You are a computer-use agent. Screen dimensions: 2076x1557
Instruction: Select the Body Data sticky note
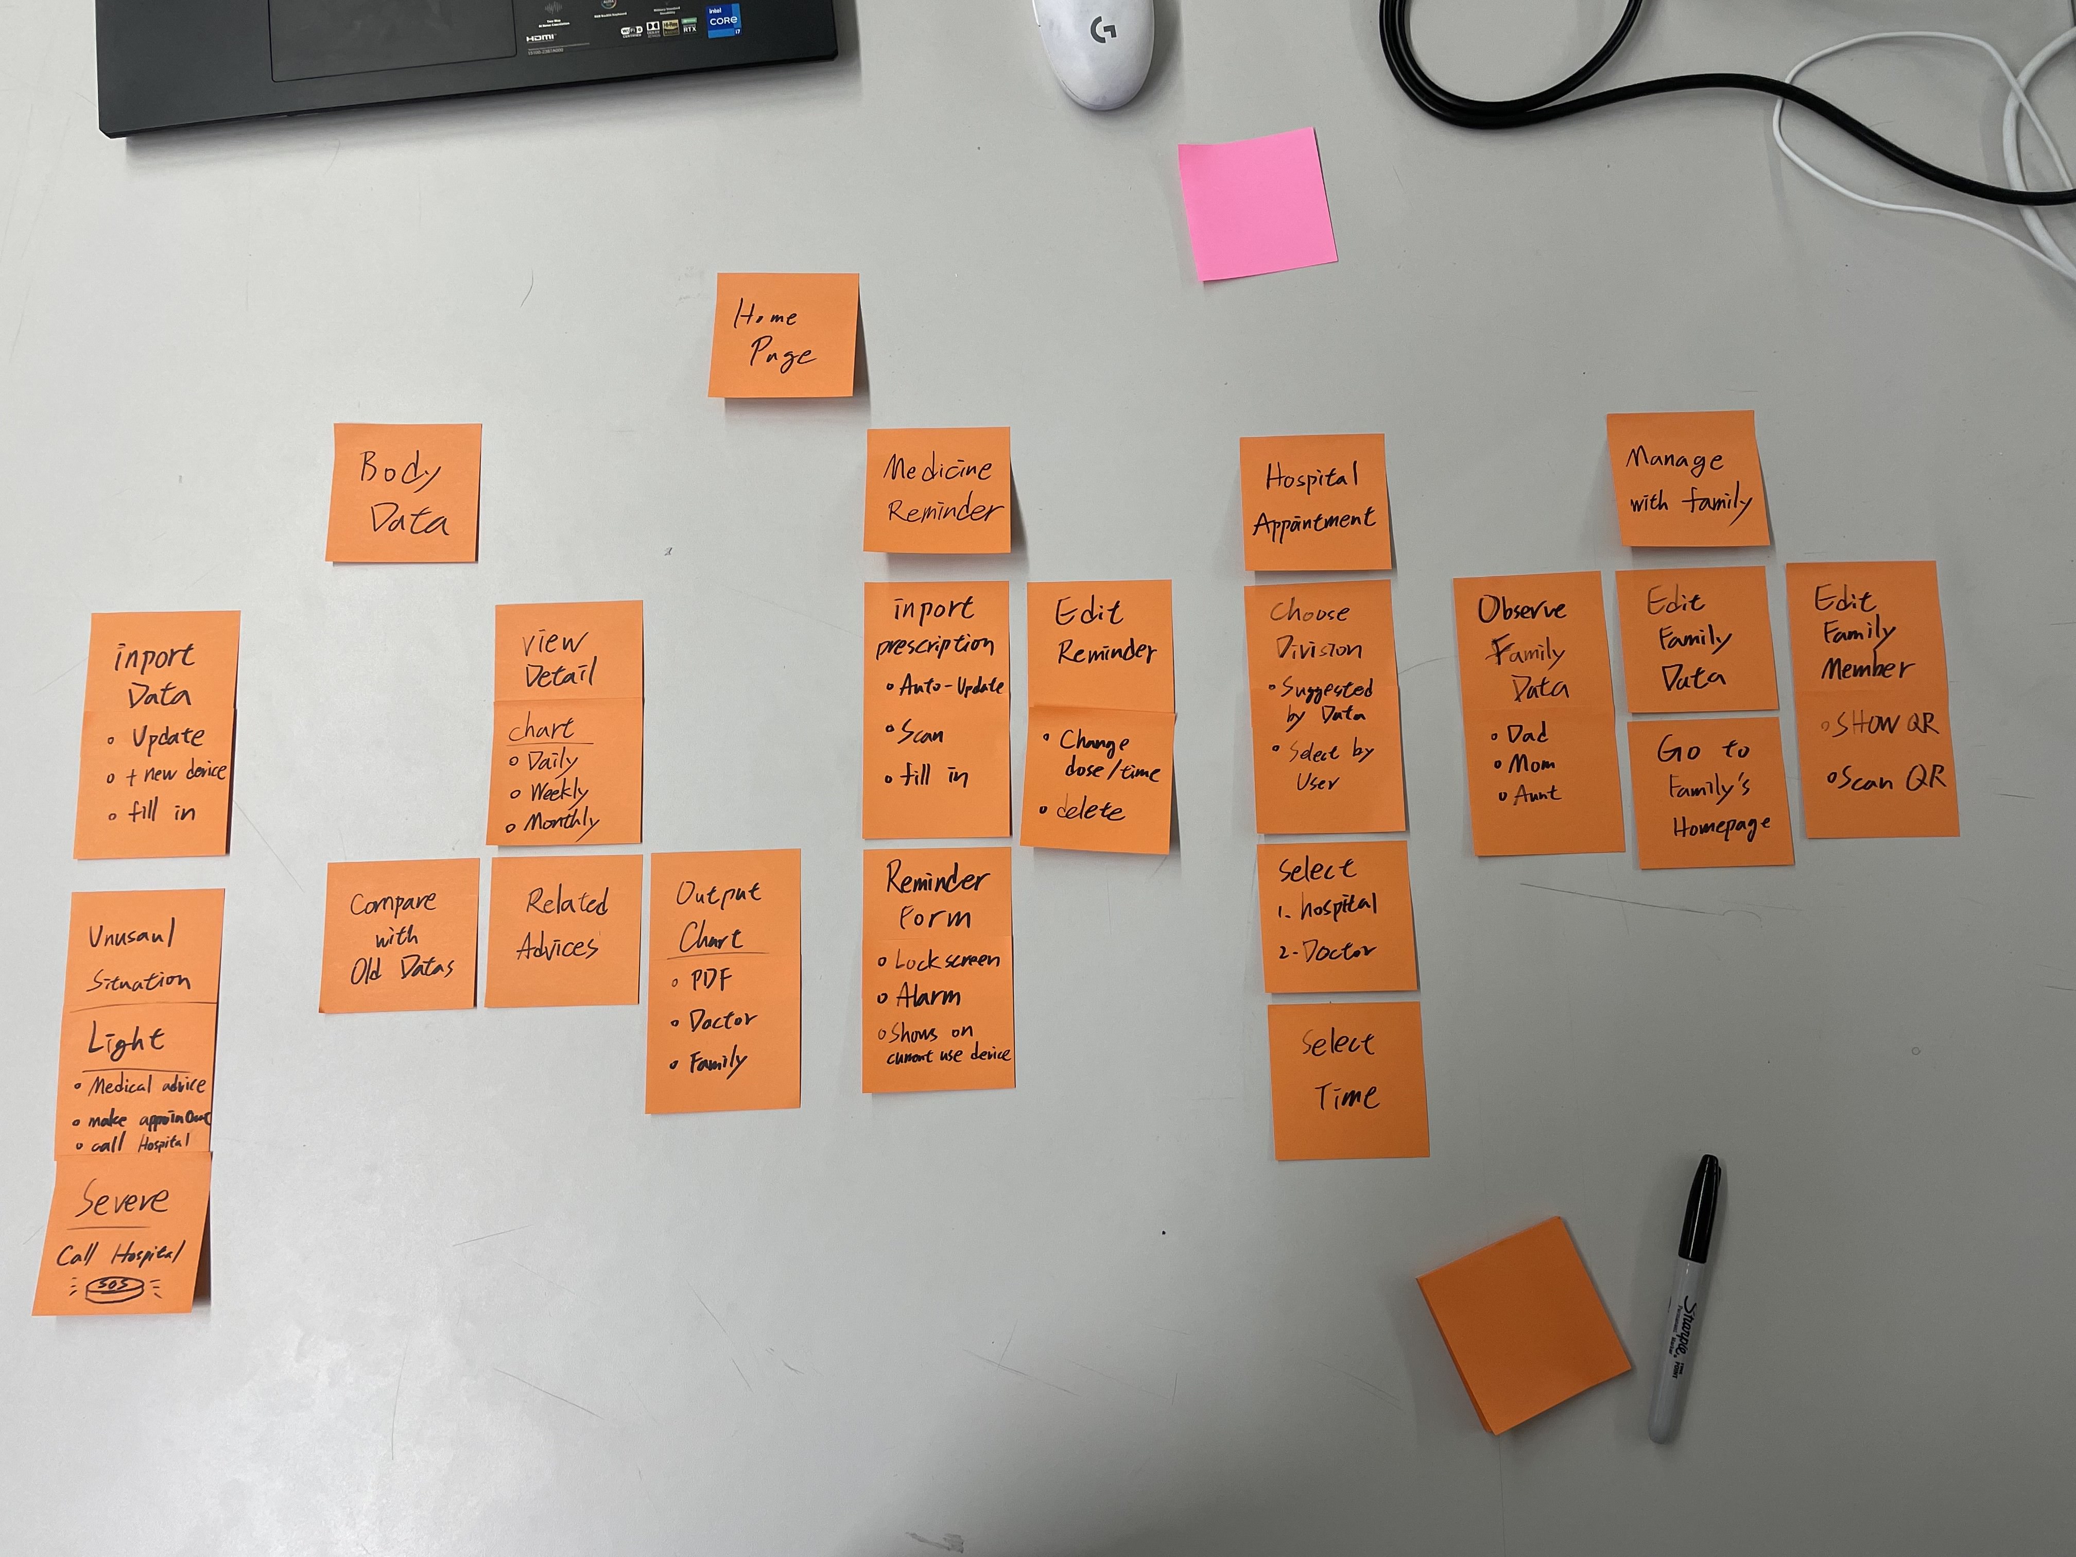coord(404,493)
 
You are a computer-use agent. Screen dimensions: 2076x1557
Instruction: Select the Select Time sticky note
coord(1348,1079)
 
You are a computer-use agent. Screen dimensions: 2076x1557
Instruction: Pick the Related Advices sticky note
coord(563,929)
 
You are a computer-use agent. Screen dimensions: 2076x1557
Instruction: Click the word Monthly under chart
coord(561,823)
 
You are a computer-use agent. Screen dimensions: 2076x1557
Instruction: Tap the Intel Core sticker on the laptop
coord(723,19)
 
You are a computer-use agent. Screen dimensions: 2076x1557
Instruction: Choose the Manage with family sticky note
coord(1687,479)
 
